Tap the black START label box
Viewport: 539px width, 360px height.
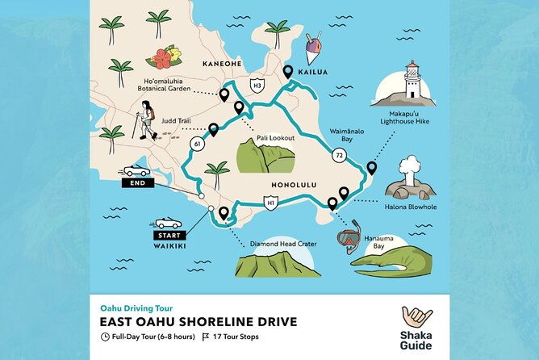tap(168, 235)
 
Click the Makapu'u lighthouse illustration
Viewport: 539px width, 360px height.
tap(412, 82)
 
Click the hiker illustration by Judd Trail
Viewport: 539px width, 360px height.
tap(147, 121)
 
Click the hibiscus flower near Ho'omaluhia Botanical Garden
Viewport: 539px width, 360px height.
tap(163, 58)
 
